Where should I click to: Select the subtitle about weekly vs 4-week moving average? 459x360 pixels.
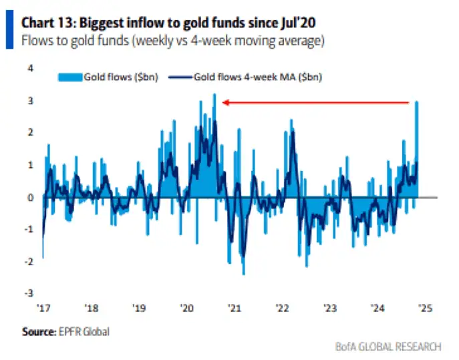(172, 41)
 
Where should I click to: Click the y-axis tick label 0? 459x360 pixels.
(31, 197)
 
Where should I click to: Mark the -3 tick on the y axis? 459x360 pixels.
(29, 293)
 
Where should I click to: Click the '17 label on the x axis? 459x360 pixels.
(44, 309)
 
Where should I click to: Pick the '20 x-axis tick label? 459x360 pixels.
(187, 309)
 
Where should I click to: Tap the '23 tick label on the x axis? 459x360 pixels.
(329, 309)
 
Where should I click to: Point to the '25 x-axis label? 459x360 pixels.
(424, 309)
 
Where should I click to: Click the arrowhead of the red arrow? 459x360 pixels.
(225, 102)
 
